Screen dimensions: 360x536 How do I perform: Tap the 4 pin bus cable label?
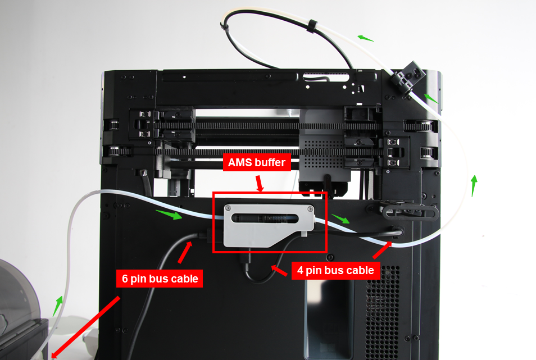point(336,270)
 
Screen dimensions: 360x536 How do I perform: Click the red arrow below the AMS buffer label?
point(259,183)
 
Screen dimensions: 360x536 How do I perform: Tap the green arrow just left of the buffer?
point(169,214)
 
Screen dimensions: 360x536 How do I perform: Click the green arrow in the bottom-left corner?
point(58,306)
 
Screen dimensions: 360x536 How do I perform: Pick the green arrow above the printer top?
point(365,38)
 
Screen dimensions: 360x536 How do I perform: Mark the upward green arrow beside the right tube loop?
point(474,185)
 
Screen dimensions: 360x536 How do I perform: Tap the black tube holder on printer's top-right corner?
point(408,75)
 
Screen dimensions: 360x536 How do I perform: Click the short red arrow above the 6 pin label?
point(184,252)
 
